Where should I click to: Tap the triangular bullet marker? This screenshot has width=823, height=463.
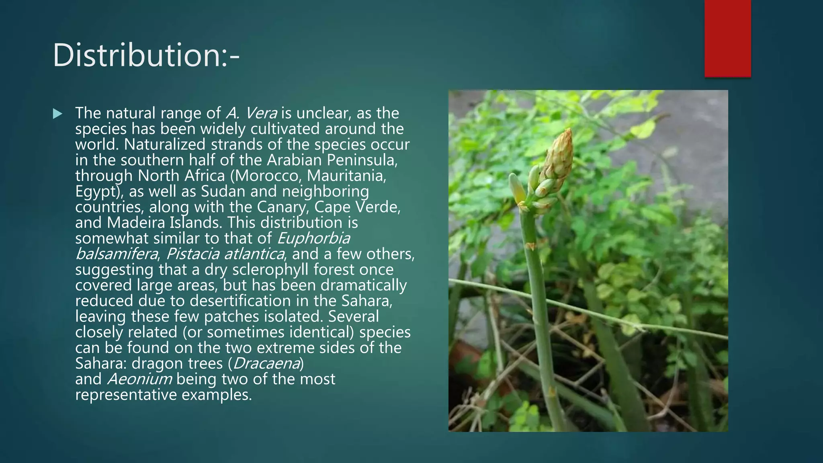[58, 114]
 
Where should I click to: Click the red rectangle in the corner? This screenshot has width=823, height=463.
[727, 39]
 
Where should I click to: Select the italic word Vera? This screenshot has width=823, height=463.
[261, 113]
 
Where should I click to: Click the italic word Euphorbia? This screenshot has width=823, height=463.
[313, 238]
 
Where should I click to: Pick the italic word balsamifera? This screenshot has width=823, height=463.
[117, 254]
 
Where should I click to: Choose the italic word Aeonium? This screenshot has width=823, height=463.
[139, 379]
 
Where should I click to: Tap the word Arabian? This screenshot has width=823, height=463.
[294, 160]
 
